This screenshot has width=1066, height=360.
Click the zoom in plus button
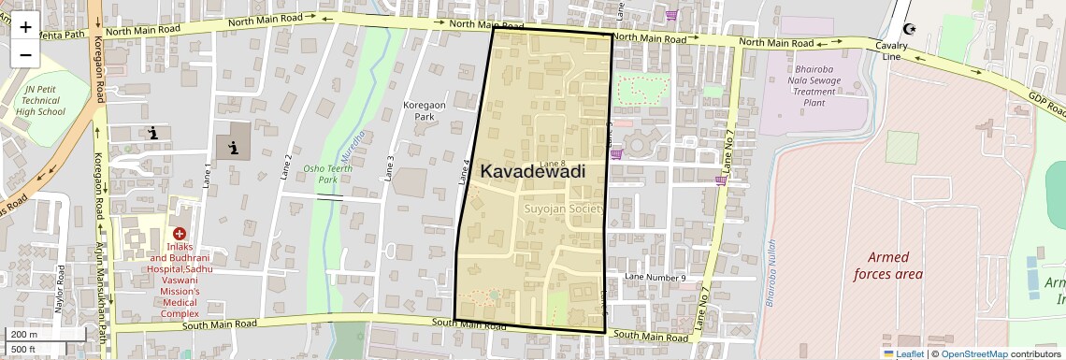(x=25, y=26)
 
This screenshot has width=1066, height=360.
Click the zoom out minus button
(x=25, y=54)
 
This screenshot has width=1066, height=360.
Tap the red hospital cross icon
(x=178, y=233)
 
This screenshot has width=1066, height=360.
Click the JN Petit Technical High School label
(x=41, y=99)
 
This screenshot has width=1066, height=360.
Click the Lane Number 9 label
(x=655, y=278)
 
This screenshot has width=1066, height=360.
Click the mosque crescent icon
(x=910, y=29)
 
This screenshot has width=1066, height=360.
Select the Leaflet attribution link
(x=904, y=353)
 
